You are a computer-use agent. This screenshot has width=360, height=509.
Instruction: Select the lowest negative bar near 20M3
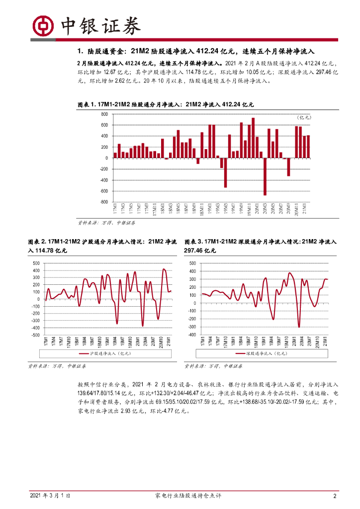coord(265,176)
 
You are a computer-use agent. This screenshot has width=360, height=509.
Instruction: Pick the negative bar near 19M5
coord(225,172)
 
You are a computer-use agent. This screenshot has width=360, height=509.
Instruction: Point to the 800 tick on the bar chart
coord(104,114)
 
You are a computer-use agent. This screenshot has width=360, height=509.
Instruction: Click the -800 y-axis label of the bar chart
coord(103,202)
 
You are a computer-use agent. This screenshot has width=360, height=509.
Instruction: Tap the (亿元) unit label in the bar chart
coord(303,117)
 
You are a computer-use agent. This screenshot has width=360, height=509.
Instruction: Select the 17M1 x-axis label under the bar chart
coord(115,209)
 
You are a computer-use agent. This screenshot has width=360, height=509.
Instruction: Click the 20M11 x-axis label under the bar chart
coord(297,210)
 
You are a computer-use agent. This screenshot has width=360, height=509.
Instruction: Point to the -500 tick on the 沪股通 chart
coord(36,335)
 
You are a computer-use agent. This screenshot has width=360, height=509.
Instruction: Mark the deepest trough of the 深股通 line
coord(299,327)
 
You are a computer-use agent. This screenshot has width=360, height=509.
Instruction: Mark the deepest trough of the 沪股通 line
coord(142,326)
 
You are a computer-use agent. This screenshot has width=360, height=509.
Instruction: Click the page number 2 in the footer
coord(335,496)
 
